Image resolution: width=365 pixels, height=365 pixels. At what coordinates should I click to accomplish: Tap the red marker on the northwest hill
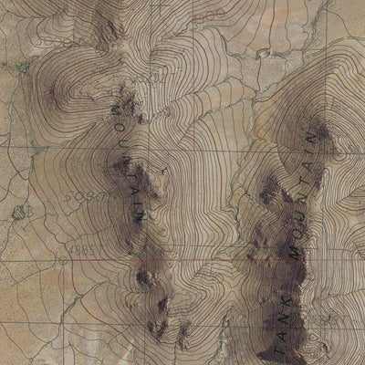click(51, 92)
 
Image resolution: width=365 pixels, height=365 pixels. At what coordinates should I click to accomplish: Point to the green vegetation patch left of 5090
click(20, 212)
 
